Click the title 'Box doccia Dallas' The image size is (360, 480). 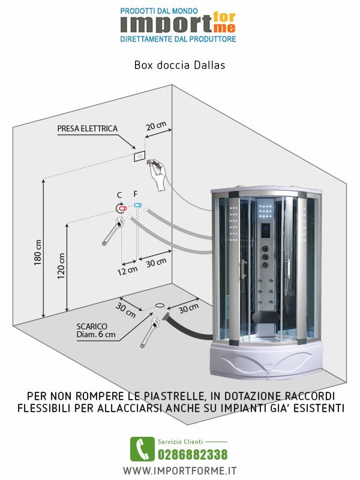tap(179, 65)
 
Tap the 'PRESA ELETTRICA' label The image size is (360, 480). tap(87, 129)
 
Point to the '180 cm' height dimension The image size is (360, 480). tap(38, 253)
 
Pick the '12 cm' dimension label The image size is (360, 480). tap(128, 269)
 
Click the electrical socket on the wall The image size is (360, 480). tap(139, 156)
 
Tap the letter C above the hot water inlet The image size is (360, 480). tap(119, 195)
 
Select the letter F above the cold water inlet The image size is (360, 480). tap(136, 194)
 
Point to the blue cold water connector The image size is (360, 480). tap(137, 205)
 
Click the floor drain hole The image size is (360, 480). tap(160, 305)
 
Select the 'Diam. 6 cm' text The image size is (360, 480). tap(96, 335)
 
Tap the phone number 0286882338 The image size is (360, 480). tap(192, 454)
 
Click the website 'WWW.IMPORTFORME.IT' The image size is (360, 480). tap(180, 470)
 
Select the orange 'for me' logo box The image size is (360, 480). tap(223, 22)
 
